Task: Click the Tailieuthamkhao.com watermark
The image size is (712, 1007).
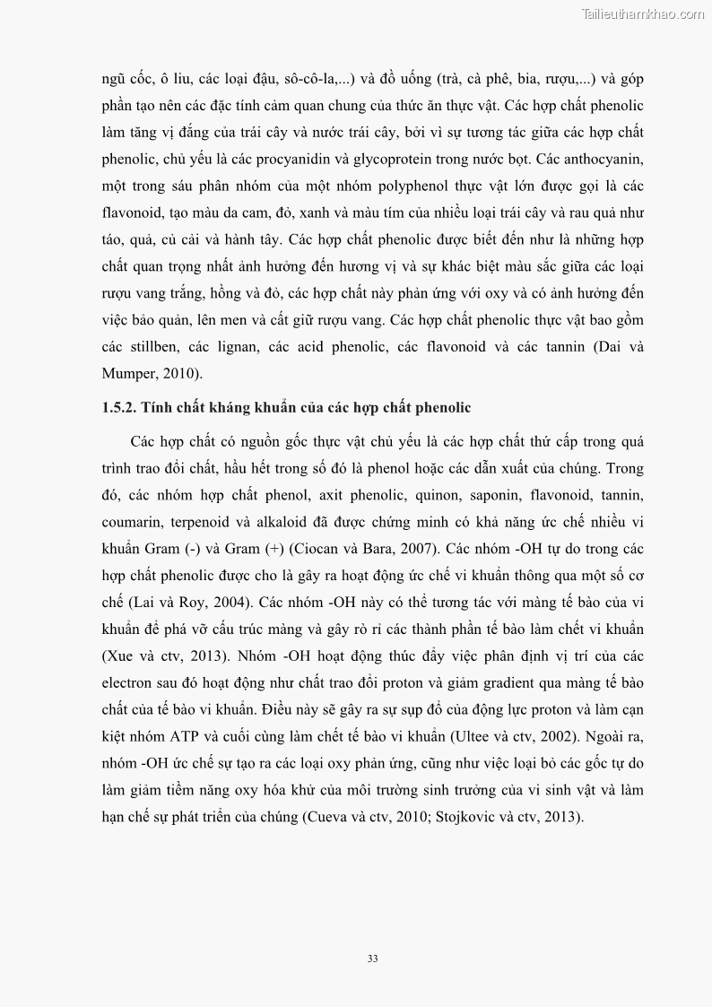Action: click(x=643, y=13)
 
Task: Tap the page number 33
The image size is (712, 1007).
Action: click(x=372, y=958)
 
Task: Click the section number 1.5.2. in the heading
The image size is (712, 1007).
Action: click(x=121, y=408)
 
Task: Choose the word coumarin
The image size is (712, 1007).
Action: click(x=133, y=522)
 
